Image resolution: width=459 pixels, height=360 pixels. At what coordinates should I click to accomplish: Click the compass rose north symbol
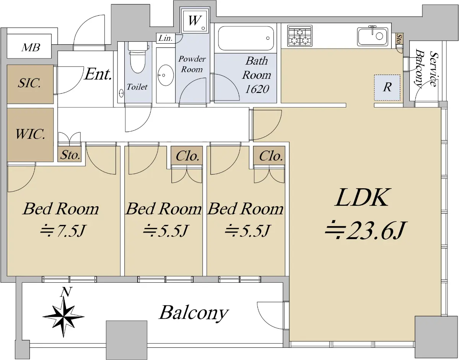coord(63,314)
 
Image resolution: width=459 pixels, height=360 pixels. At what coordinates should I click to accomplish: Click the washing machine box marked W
coord(194,21)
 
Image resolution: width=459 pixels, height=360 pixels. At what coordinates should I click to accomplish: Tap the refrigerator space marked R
coord(387,87)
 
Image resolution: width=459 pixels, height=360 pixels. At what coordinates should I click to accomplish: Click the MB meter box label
coord(30,48)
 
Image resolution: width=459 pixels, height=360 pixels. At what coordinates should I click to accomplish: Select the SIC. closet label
coord(29,84)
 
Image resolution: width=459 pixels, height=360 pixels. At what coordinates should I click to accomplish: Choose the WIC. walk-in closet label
coord(30,135)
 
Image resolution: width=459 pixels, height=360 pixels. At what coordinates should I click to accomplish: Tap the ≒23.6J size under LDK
coord(364,231)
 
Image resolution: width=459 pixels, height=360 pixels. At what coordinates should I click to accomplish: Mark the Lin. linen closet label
coord(165,38)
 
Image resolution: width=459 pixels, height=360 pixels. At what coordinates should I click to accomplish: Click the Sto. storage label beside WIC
coord(70,155)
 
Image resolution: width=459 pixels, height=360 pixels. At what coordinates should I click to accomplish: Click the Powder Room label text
coord(192,64)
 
